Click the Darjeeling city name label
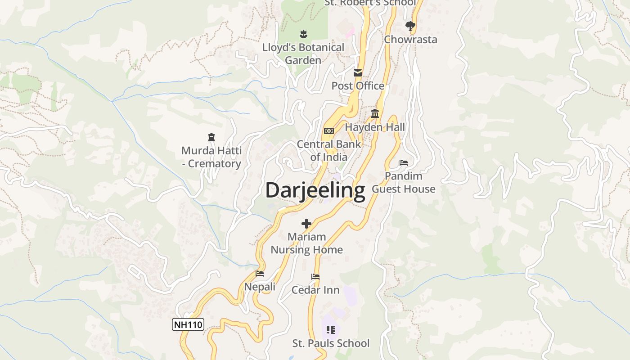(315, 190)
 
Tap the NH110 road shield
(188, 324)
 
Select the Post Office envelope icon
(358, 73)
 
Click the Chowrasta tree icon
(410, 27)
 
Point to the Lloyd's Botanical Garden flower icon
(303, 34)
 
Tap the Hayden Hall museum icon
(375, 114)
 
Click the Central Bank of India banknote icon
(328, 131)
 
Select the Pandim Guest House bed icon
(404, 163)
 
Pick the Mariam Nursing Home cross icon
(306, 224)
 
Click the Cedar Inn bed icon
(315, 277)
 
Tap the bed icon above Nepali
(260, 274)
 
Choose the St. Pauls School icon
(331, 330)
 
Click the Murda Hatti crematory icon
(211, 137)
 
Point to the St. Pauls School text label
(331, 343)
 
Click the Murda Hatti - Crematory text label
(211, 157)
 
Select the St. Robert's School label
(370, 3)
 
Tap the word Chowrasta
(410, 40)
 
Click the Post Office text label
(358, 86)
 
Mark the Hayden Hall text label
(375, 127)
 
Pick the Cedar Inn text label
(315, 290)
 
